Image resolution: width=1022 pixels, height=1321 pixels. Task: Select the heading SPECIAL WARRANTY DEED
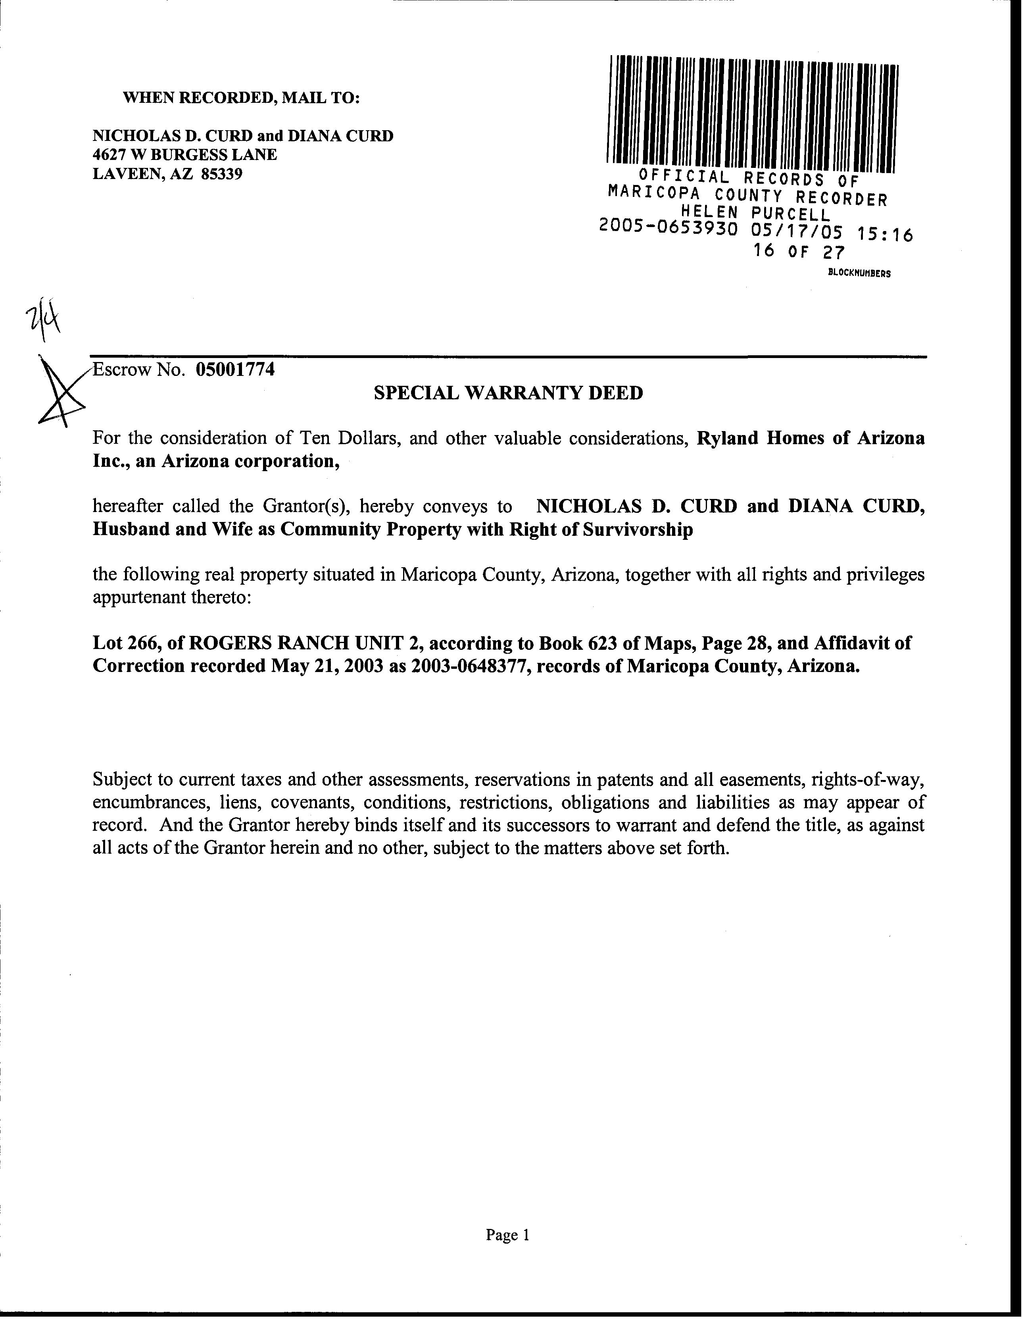508,393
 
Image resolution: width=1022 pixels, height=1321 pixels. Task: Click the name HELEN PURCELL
756,213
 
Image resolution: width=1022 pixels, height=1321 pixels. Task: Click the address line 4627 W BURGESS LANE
184,155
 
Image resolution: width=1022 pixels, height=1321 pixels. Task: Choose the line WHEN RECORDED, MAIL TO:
241,98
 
